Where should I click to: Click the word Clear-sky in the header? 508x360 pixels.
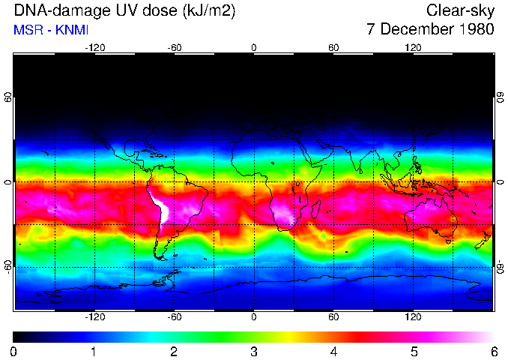pyautogui.click(x=459, y=10)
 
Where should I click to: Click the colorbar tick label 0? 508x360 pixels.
pyautogui.click(x=14, y=351)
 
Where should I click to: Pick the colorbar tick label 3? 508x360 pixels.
pyautogui.click(x=254, y=351)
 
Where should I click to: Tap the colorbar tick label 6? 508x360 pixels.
pyautogui.click(x=493, y=351)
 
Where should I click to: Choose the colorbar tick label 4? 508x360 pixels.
pyautogui.click(x=333, y=351)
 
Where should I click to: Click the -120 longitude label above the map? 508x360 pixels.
pyautogui.click(x=94, y=47)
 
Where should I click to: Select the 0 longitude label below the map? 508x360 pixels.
pyautogui.click(x=254, y=316)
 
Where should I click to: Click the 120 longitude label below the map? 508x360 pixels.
pyautogui.click(x=413, y=316)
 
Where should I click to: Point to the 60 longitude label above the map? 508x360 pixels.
pyautogui.click(x=333, y=47)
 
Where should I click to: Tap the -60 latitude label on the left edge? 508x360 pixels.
pyautogui.click(x=7, y=266)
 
